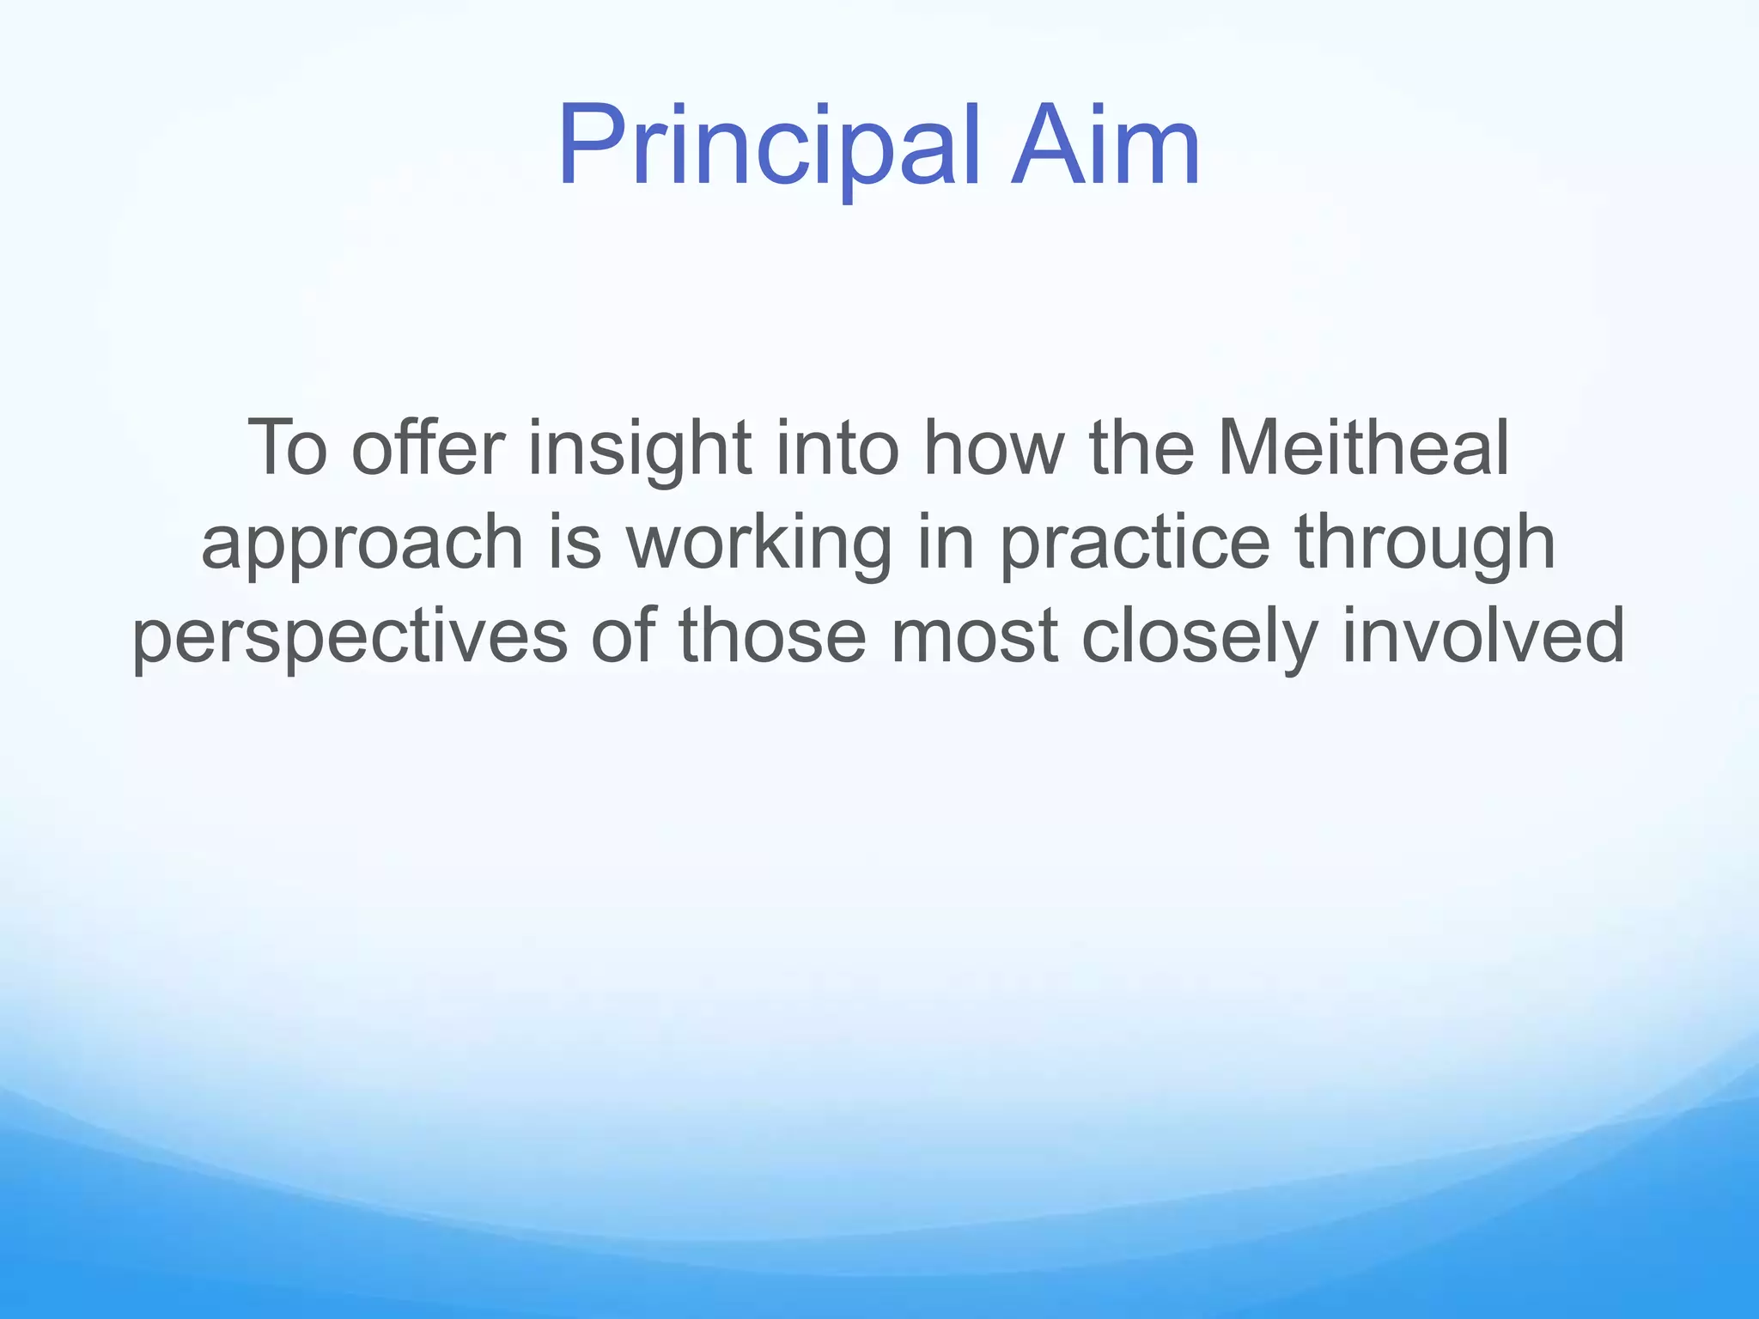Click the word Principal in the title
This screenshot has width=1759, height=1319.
pyautogui.click(x=769, y=146)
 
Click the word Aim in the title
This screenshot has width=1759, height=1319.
pyautogui.click(x=1105, y=146)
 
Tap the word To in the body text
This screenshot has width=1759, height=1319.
pyautogui.click(x=287, y=447)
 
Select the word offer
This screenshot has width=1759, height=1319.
pyautogui.click(x=427, y=447)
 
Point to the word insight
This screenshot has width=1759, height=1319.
pyautogui.click(x=640, y=447)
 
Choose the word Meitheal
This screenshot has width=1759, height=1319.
pyautogui.click(x=1364, y=447)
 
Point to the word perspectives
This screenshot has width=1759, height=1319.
pyautogui.click(x=350, y=638)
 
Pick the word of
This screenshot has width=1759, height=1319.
pyautogui.click(x=622, y=636)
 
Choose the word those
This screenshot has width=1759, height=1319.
pyautogui.click(x=772, y=636)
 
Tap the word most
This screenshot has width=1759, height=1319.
pyautogui.click(x=974, y=636)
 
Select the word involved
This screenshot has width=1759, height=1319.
pyautogui.click(x=1483, y=636)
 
